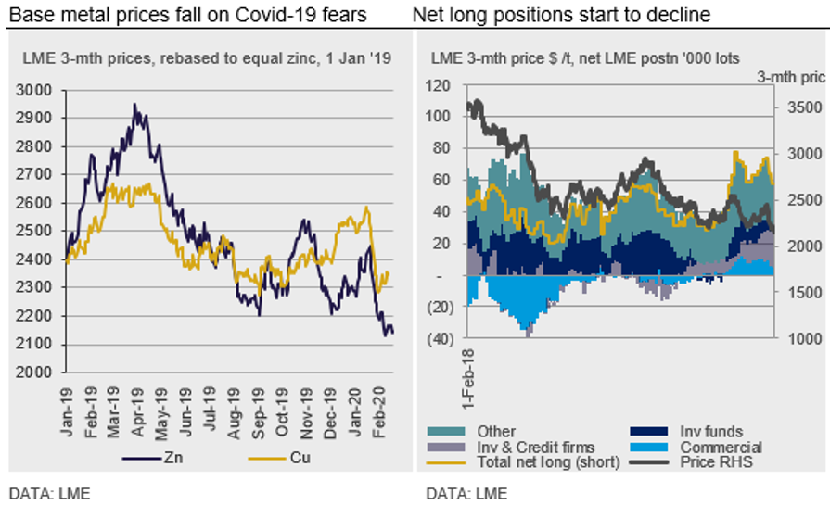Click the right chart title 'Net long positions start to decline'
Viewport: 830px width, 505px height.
tap(562, 15)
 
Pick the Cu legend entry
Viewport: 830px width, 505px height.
tap(293, 459)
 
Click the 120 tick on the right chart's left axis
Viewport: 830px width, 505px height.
tap(437, 85)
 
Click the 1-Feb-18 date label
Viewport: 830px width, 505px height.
tap(470, 379)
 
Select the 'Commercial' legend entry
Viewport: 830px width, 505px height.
tap(715, 447)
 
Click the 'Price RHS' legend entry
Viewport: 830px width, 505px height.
tap(714, 461)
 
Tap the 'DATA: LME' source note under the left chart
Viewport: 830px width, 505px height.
tap(49, 491)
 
